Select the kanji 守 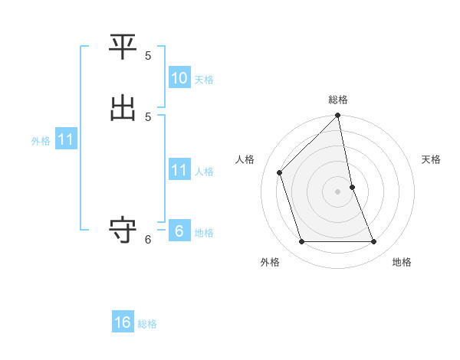[x=123, y=230]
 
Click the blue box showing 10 [x=179, y=78]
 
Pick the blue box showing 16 [x=123, y=322]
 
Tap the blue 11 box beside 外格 [x=65, y=140]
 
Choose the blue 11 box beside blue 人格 [x=179, y=170]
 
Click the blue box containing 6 [x=179, y=231]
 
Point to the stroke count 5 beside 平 [x=148, y=56]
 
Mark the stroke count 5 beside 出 [x=148, y=116]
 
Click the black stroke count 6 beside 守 [x=148, y=240]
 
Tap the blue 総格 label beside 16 [x=147, y=324]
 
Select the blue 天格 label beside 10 [x=204, y=80]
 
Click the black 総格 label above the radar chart [x=338, y=100]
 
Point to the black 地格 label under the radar [x=402, y=263]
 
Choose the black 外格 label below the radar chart [x=270, y=263]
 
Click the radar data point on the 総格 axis [x=338, y=116]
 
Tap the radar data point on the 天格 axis [x=353, y=187]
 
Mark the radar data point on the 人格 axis [x=280, y=172]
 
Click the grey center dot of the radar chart [x=338, y=191]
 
